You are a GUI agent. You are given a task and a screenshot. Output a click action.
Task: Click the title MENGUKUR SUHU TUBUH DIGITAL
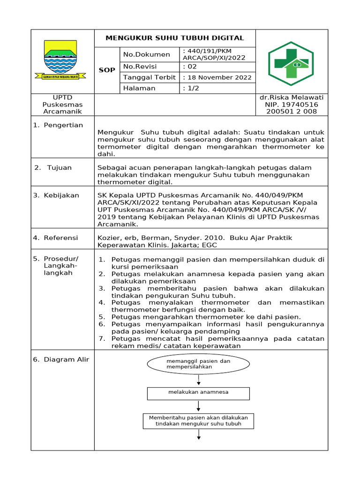click(174, 38)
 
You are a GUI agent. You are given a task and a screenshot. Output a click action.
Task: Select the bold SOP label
click(107, 70)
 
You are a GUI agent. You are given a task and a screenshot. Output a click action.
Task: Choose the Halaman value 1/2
click(191, 88)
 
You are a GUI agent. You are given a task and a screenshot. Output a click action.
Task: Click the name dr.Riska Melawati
click(291, 97)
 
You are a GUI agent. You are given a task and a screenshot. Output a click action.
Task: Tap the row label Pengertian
click(63, 125)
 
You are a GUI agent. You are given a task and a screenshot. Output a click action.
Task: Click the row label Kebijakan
click(61, 195)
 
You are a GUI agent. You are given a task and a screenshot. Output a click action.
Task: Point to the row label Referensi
click(61, 238)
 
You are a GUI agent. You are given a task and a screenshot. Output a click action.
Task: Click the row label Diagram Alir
click(66, 360)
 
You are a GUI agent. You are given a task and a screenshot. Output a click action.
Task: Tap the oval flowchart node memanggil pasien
click(199, 364)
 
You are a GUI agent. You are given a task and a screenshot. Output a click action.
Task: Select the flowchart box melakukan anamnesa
click(199, 392)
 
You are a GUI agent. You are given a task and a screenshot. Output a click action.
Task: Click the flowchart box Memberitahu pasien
click(198, 420)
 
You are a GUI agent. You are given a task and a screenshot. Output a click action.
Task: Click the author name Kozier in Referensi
click(108, 238)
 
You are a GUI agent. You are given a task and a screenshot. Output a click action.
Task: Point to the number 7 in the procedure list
click(101, 339)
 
